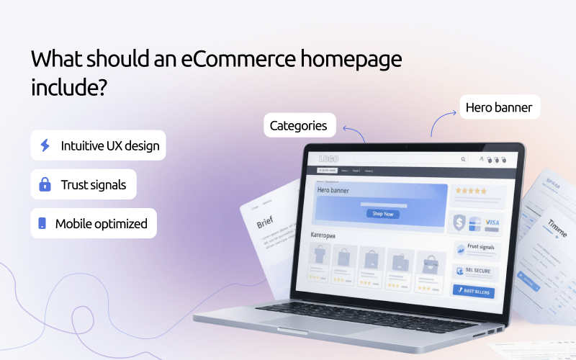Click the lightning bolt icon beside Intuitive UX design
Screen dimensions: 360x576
click(x=45, y=145)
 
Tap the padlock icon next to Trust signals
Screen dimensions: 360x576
click(x=45, y=185)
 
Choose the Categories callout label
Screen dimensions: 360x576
click(x=298, y=126)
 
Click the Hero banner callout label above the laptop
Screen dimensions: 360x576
click(x=498, y=108)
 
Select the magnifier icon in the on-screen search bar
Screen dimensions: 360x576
click(x=462, y=159)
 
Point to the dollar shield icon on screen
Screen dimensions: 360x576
click(x=459, y=223)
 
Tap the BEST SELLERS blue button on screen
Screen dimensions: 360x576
click(x=473, y=291)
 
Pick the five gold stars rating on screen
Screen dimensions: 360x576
click(x=469, y=191)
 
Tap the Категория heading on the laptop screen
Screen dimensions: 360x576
click(x=325, y=235)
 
